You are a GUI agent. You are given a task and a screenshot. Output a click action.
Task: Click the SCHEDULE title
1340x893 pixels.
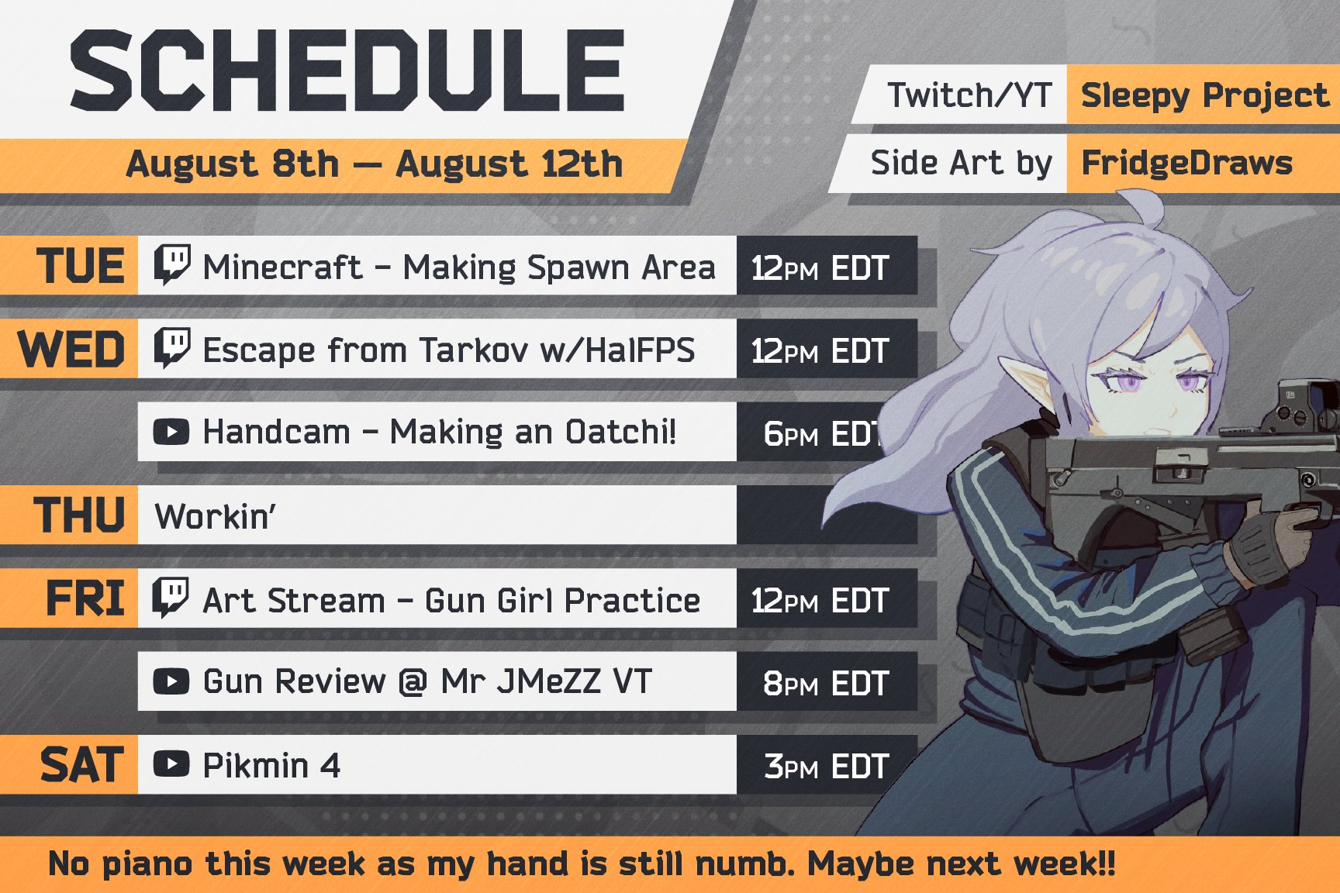[x=347, y=71]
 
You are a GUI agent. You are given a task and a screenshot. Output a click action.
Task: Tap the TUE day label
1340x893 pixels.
[x=81, y=266]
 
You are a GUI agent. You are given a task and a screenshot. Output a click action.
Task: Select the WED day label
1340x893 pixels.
[x=71, y=349]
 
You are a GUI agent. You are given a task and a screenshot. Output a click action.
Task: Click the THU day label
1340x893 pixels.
[x=79, y=515]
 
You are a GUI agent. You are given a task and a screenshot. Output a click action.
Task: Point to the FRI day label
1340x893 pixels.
[x=85, y=598]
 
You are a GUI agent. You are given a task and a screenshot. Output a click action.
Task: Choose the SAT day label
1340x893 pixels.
[x=82, y=765]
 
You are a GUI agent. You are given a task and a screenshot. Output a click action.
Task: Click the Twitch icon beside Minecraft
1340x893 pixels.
[x=171, y=264]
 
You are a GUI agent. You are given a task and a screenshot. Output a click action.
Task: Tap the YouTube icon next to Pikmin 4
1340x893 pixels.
[x=171, y=764]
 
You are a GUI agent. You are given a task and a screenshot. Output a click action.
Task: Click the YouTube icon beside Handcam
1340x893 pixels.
[x=171, y=432]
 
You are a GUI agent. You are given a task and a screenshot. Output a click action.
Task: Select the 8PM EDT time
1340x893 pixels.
[x=826, y=683]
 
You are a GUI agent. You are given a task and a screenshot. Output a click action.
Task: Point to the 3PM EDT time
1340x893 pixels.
[x=826, y=767]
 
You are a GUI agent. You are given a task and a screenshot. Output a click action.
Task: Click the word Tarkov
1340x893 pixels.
[x=473, y=350]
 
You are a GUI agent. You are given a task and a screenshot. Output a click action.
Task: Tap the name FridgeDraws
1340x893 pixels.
[x=1187, y=164]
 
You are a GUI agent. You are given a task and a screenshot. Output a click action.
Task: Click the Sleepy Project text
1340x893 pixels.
[x=1205, y=95]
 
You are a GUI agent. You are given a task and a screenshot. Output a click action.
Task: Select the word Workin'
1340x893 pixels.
[x=216, y=516]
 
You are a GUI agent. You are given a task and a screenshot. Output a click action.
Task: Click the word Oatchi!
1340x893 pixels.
[x=621, y=432]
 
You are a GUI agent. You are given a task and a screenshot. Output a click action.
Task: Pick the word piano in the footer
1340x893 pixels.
[x=147, y=864]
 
